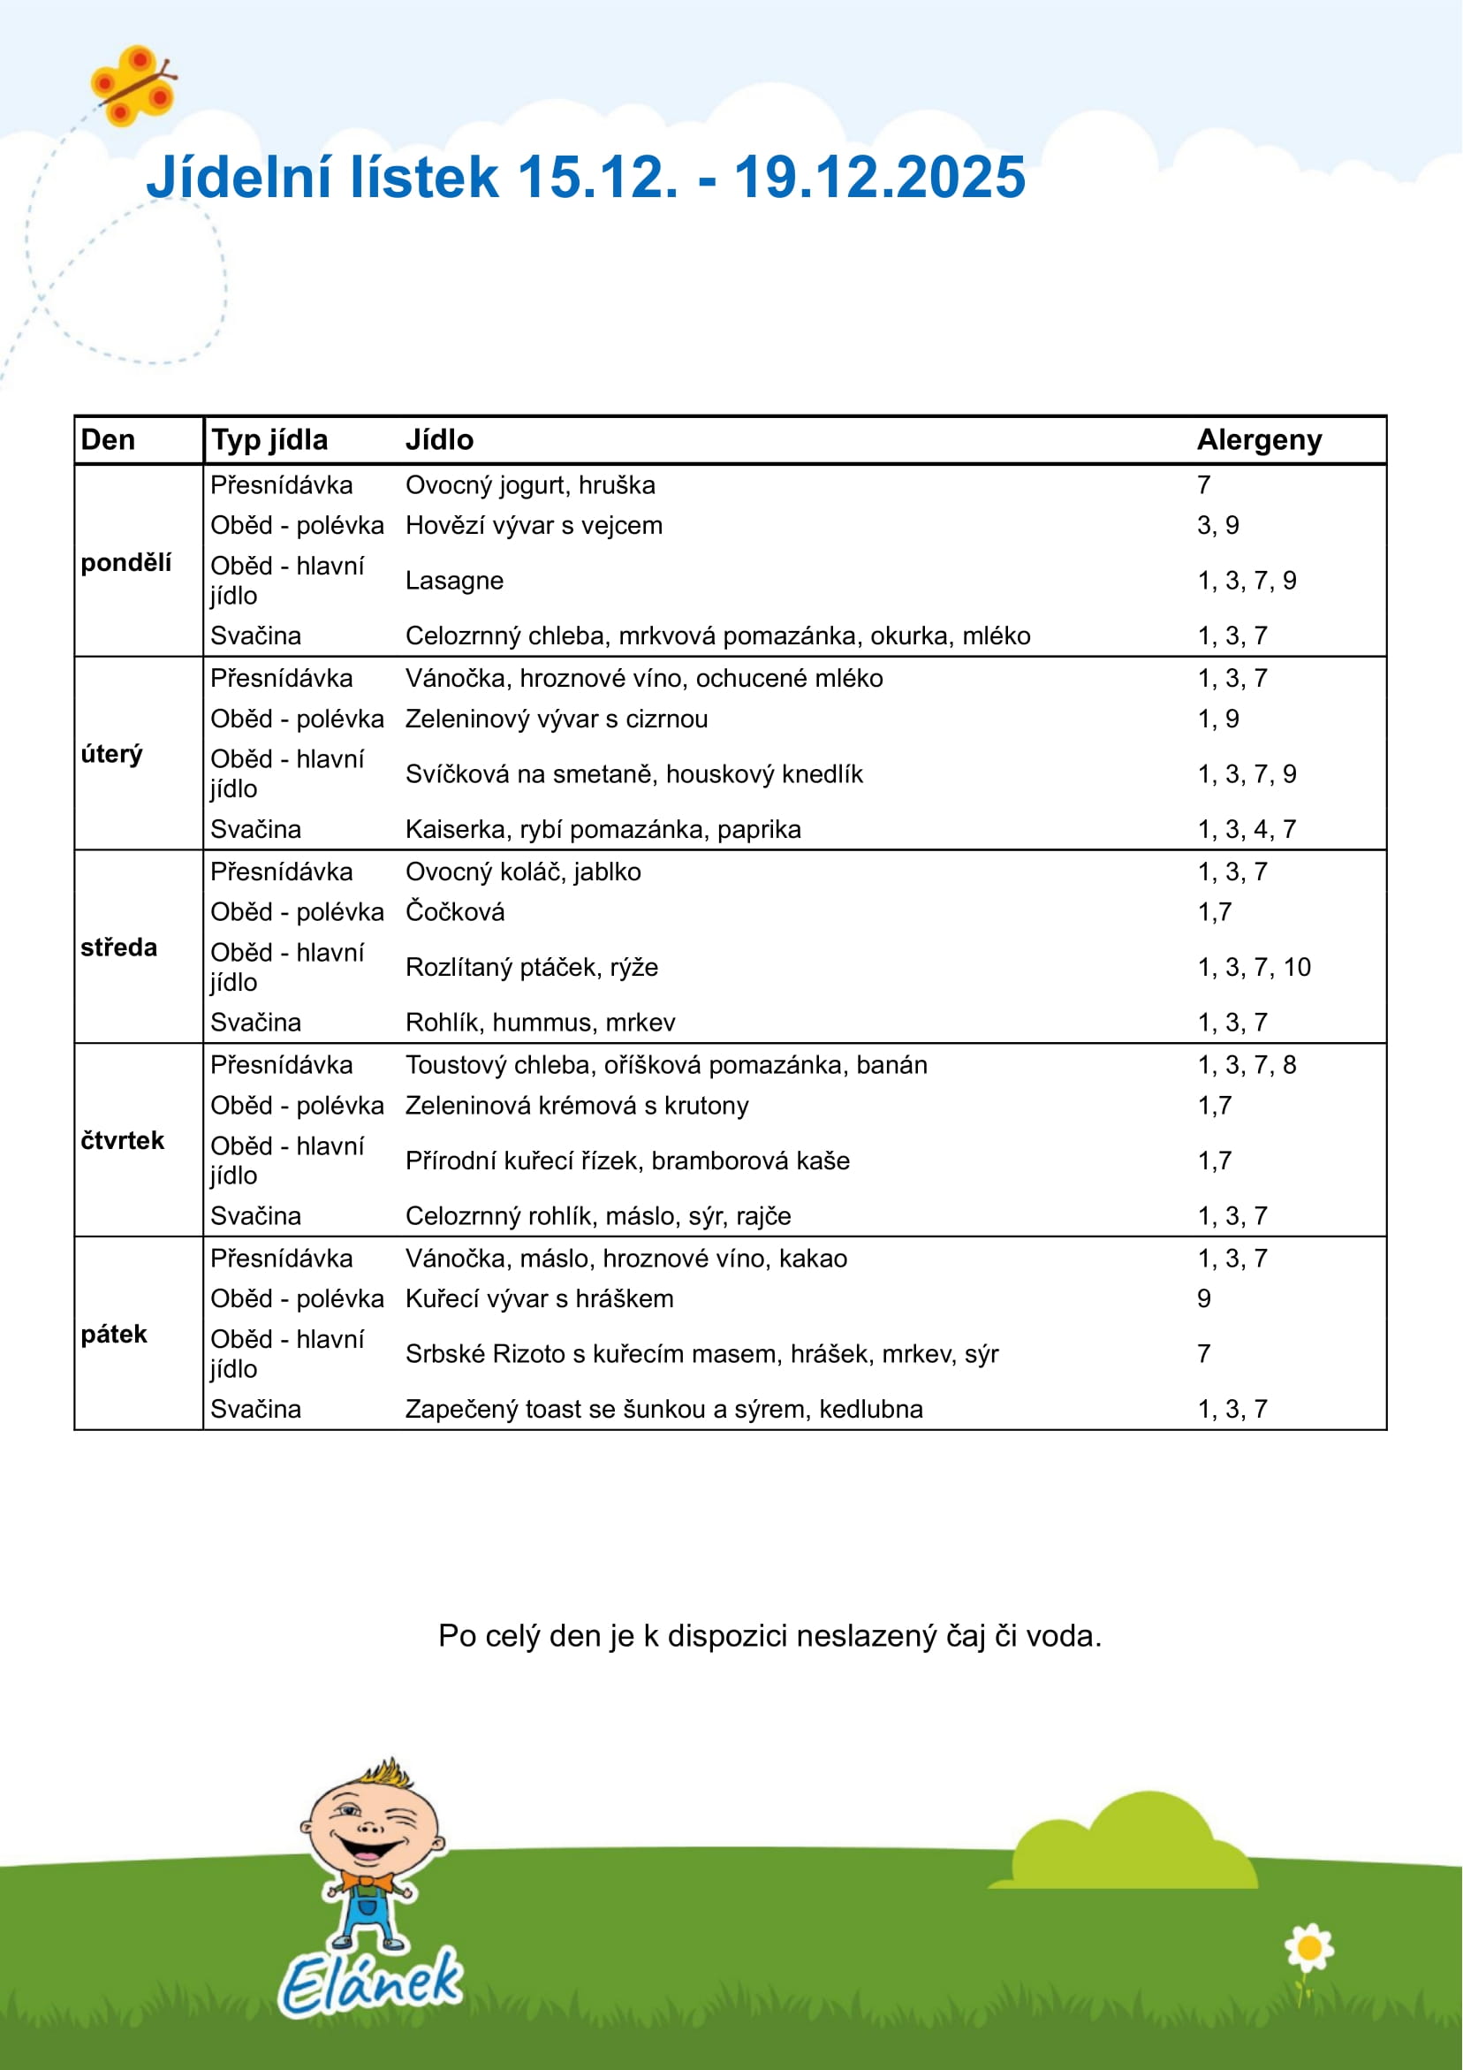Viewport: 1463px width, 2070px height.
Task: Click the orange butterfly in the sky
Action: (x=133, y=87)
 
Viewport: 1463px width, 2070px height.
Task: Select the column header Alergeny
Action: (x=1258, y=440)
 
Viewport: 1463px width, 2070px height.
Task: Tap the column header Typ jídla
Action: (x=269, y=440)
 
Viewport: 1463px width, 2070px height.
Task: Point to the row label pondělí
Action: (x=125, y=563)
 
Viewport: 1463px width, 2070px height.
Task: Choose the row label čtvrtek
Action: (x=122, y=1140)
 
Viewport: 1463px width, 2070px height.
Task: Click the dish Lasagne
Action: (x=453, y=581)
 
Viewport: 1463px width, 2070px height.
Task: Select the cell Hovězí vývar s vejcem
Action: (x=534, y=526)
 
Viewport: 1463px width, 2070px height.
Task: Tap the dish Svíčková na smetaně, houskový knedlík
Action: (x=633, y=774)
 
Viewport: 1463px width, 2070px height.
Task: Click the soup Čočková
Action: (x=454, y=912)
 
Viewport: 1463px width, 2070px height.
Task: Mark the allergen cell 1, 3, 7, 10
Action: (x=1253, y=967)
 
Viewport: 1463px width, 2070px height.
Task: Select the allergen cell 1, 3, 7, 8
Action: (x=1246, y=1065)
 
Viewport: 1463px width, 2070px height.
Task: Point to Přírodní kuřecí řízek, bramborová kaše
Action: (x=627, y=1161)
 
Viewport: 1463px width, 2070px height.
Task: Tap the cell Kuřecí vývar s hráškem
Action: (x=539, y=1298)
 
